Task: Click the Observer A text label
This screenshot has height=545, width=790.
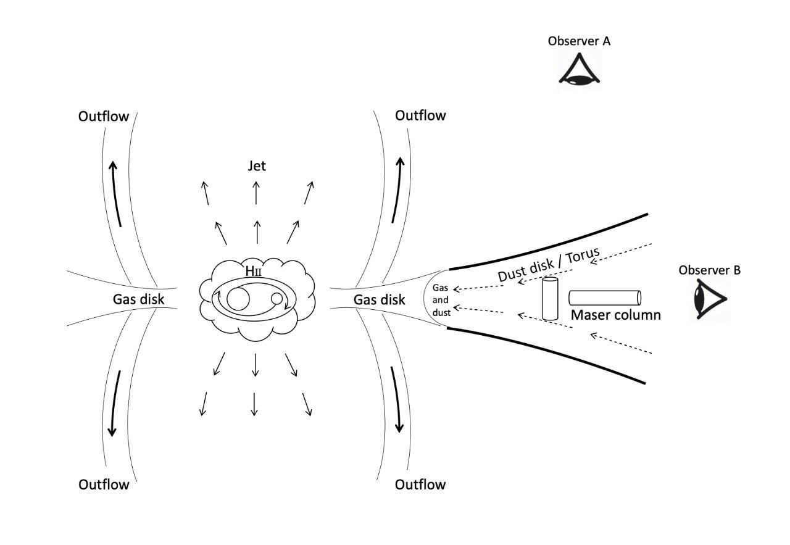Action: click(x=579, y=41)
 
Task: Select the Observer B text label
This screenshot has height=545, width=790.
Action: click(x=710, y=270)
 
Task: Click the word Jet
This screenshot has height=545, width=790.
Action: click(x=256, y=167)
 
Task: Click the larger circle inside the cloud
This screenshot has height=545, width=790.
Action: click(x=238, y=299)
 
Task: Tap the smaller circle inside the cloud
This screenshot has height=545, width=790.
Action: click(x=277, y=299)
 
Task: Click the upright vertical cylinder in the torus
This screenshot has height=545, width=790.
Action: click(x=550, y=299)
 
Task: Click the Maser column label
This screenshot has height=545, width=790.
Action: click(x=615, y=315)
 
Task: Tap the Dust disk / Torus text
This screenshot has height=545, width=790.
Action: click(x=549, y=265)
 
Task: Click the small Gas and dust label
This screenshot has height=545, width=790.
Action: click(x=441, y=300)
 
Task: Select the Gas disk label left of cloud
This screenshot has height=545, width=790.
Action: click(x=138, y=299)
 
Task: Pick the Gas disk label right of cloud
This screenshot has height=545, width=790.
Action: click(x=379, y=299)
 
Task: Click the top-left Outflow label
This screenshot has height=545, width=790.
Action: click(x=104, y=116)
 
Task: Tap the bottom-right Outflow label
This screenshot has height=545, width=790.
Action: click(x=420, y=484)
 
